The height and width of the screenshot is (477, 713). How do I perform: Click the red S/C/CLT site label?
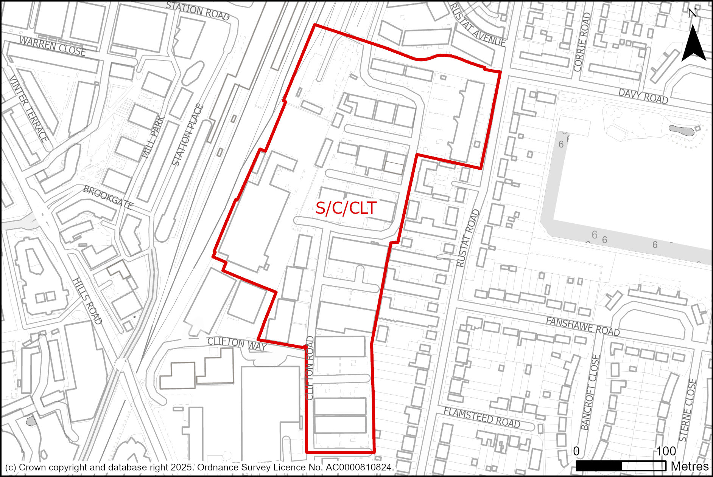(x=346, y=208)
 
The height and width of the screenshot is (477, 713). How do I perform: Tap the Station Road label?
(x=198, y=11)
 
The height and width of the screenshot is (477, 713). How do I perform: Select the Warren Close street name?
(x=52, y=46)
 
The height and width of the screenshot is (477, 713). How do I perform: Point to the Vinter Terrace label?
(x=29, y=108)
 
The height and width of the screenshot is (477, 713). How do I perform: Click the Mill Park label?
(x=153, y=138)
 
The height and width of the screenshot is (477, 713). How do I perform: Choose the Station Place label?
(x=188, y=135)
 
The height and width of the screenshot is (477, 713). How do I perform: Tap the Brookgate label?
(x=108, y=197)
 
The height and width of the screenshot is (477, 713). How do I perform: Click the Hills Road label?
(x=87, y=301)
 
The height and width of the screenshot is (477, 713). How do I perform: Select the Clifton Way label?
(x=237, y=344)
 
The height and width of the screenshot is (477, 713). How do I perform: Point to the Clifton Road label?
(x=310, y=368)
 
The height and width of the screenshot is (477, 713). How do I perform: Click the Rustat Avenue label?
(x=477, y=26)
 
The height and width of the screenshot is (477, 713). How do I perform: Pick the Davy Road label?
(x=643, y=96)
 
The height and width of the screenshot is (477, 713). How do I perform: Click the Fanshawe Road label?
(x=583, y=327)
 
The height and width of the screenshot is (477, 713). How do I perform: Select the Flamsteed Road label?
(x=482, y=418)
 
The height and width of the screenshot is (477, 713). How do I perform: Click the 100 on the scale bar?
(x=666, y=451)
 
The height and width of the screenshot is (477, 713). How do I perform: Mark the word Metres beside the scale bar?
(x=690, y=466)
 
